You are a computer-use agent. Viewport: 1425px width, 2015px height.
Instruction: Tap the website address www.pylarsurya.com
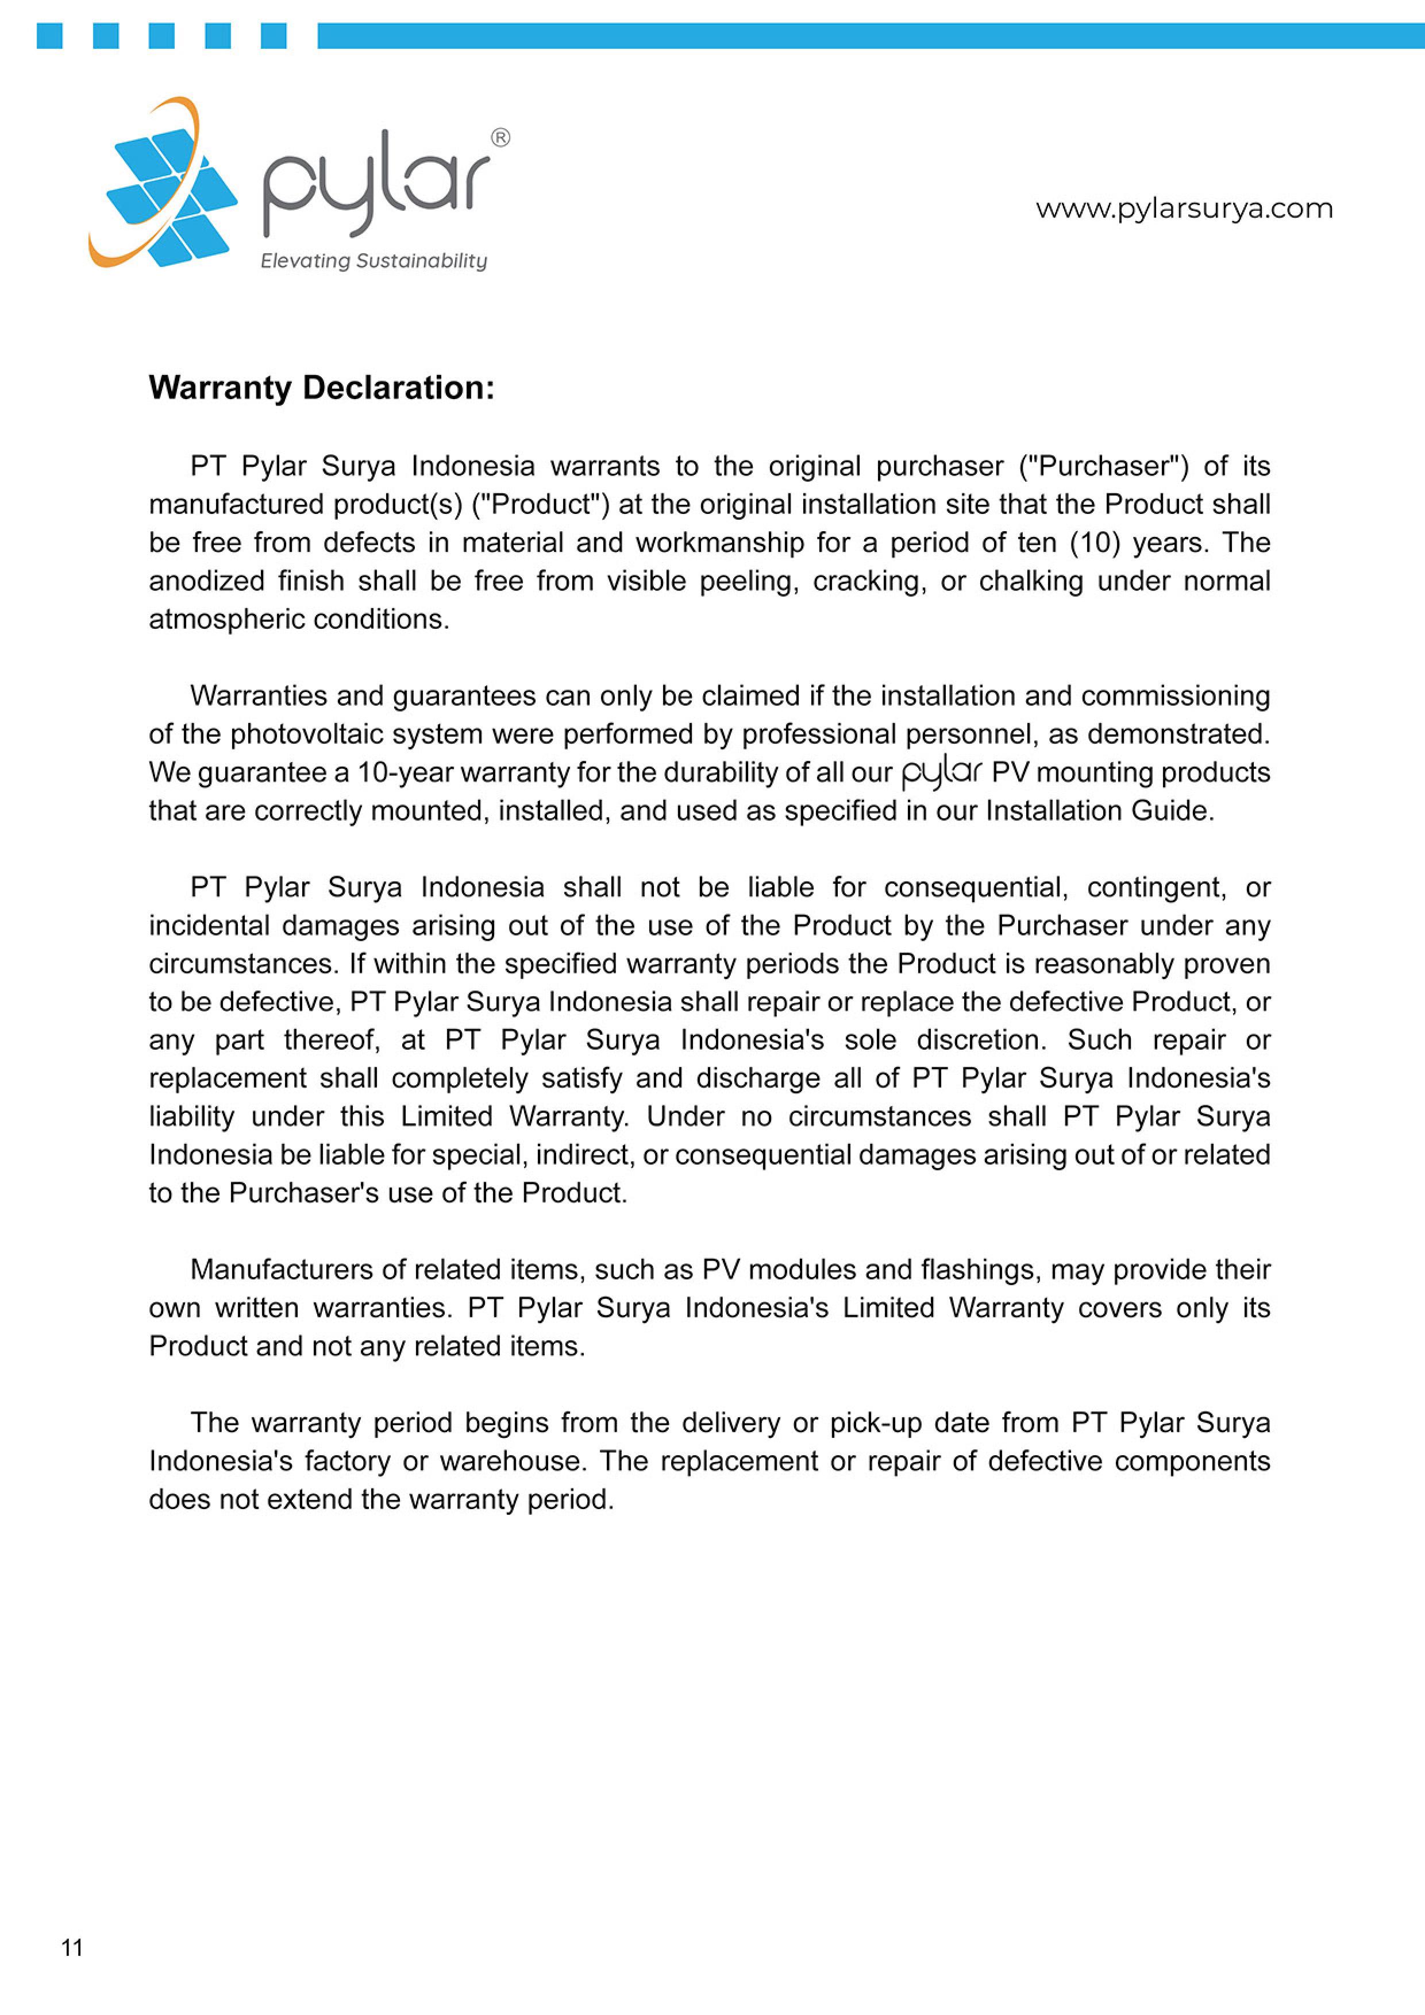[1184, 209]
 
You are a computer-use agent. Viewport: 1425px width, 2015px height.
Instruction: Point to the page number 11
[72, 1947]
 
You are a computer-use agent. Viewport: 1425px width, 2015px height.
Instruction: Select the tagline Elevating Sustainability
[373, 261]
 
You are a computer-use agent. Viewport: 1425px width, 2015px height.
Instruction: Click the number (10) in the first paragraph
[1094, 542]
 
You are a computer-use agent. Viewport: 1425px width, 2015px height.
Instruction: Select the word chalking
[1031, 581]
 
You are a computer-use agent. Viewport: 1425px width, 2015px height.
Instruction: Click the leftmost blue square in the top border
[49, 36]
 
